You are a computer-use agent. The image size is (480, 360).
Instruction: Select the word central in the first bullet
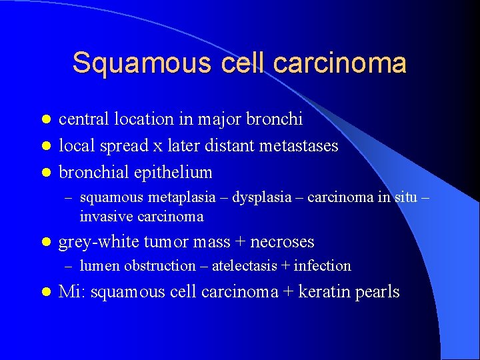click(x=83, y=119)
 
